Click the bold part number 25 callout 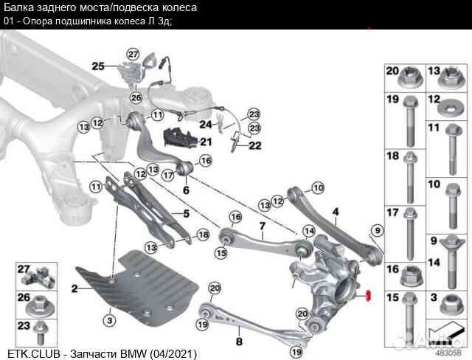[98, 66]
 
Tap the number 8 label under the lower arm [238, 341]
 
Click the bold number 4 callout [335, 212]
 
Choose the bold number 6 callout [185, 190]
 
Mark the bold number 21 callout [206, 142]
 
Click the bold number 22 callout [254, 145]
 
